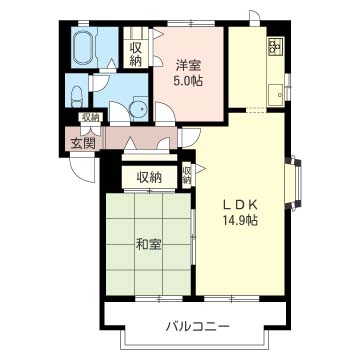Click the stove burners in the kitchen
tap(273, 46)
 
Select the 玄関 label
tap(81, 142)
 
